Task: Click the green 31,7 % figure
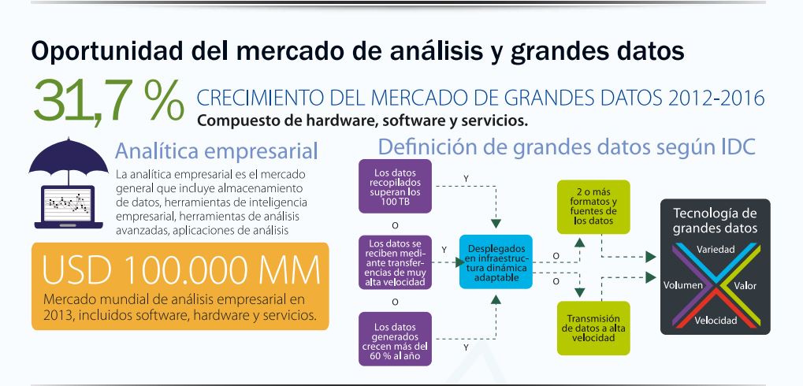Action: tap(109, 102)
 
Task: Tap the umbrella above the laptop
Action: tap(68, 158)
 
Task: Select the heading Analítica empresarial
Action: tap(216, 151)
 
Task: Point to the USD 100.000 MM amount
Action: tap(180, 269)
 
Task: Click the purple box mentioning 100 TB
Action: tap(395, 187)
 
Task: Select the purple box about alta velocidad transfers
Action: tap(395, 262)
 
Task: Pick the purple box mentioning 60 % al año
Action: tap(395, 339)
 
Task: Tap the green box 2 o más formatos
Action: tap(593, 207)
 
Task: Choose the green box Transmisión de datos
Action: tap(593, 328)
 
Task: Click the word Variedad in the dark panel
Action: tap(716, 249)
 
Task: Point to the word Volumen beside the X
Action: tap(683, 285)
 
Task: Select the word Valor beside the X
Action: tap(745, 286)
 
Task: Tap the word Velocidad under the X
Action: tap(716, 321)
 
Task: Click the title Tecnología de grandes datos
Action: tap(715, 220)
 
